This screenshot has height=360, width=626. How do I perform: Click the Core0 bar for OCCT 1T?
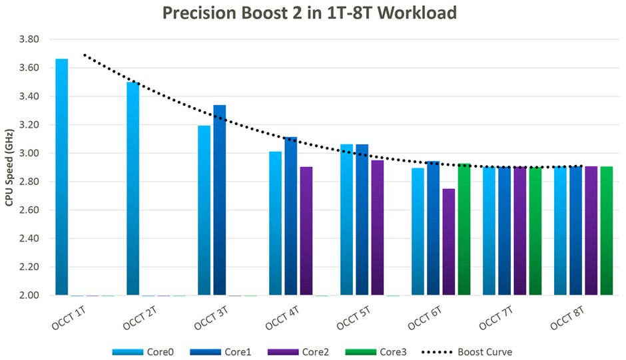[x=61, y=177]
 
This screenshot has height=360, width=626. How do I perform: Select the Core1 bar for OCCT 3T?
[x=220, y=200]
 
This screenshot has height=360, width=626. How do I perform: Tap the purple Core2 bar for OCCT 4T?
[x=306, y=231]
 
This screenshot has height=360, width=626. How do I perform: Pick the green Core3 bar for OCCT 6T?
[x=464, y=229]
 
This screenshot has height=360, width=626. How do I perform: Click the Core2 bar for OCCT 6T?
[x=449, y=242]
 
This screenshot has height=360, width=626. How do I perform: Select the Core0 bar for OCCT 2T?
[x=133, y=189]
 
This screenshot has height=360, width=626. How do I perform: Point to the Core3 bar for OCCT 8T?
[x=607, y=231]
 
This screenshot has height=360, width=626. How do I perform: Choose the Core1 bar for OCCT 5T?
[x=362, y=220]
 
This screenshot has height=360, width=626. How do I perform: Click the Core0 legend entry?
[x=143, y=352]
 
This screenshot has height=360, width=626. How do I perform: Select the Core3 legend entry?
[x=376, y=352]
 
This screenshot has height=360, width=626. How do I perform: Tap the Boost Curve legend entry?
[x=467, y=352]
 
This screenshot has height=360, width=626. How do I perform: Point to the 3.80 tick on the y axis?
[x=29, y=39]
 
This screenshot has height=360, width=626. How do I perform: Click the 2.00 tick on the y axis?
[x=29, y=295]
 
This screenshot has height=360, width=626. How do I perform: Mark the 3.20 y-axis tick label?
[x=29, y=124]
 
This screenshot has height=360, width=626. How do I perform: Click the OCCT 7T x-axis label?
[x=495, y=318]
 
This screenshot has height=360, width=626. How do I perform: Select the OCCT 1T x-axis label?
[x=69, y=318]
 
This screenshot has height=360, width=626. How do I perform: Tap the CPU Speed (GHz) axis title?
[x=9, y=167]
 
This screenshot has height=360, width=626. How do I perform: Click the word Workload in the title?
[x=417, y=13]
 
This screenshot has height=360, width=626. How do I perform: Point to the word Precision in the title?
[x=199, y=13]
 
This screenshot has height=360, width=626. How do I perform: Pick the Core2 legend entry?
[x=298, y=352]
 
